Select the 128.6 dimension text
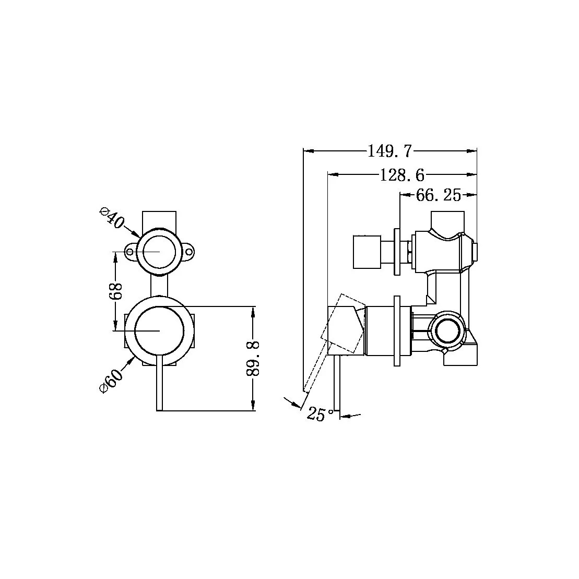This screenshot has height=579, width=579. click(401, 175)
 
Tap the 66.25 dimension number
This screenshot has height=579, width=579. click(439, 196)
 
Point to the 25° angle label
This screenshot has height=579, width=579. click(320, 414)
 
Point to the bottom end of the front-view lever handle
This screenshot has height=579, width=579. click(160, 408)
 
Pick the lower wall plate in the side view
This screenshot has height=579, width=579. click(397, 332)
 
